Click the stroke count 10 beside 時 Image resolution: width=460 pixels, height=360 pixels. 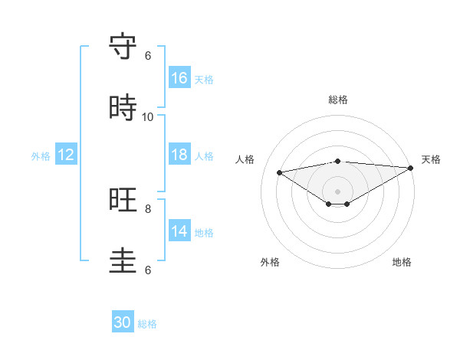coord(148,116)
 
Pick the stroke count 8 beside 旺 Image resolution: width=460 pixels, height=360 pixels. coord(148,208)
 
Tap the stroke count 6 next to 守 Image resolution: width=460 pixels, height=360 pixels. coord(148,56)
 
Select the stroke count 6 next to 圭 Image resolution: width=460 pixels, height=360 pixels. coord(148,270)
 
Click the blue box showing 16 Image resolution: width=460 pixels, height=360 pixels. coord(179,78)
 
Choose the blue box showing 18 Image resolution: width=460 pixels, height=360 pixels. coord(179,155)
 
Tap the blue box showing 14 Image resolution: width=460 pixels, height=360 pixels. coord(179,231)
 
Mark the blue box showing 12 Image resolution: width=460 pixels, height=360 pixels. coord(66,155)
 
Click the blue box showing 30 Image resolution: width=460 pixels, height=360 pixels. coord(123,322)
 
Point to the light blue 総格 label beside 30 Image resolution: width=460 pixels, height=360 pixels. coord(147,324)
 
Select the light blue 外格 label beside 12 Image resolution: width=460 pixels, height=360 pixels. coord(41,156)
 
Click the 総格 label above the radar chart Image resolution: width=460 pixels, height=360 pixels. coord(338,100)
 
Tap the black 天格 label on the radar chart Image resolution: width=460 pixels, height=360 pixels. coord(431,159)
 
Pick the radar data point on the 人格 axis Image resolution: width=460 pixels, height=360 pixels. coord(279,172)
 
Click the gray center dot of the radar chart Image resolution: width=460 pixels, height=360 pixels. coord(338,191)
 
